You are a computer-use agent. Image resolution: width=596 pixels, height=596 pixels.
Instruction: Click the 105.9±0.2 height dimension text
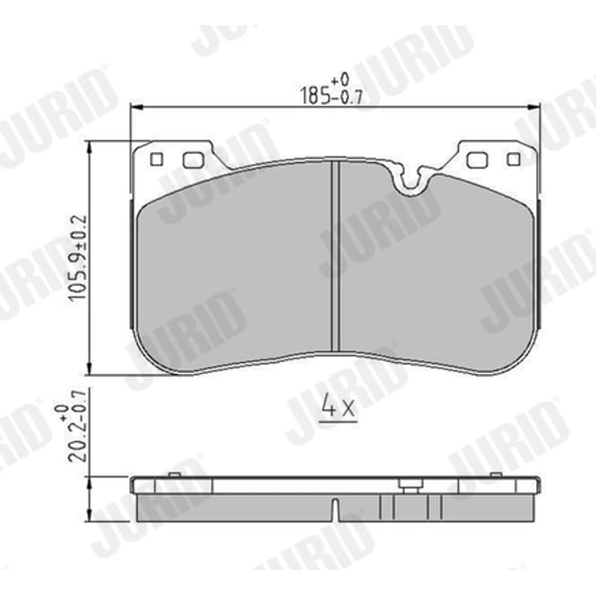tap(78, 258)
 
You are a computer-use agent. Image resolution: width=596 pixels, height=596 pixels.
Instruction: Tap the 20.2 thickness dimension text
tap(75, 434)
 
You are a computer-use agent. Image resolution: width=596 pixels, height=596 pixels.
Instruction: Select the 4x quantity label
tap(337, 407)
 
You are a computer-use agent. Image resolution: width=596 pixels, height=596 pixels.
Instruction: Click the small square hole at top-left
tap(156, 159)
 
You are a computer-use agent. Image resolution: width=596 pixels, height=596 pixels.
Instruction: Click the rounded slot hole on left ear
tap(194, 159)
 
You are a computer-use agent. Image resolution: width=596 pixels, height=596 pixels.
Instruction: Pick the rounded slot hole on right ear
tap(477, 159)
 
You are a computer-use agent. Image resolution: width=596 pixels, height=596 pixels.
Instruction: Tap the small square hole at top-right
tap(513, 159)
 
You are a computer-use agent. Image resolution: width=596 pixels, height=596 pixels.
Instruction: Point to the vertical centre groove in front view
tap(335, 256)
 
